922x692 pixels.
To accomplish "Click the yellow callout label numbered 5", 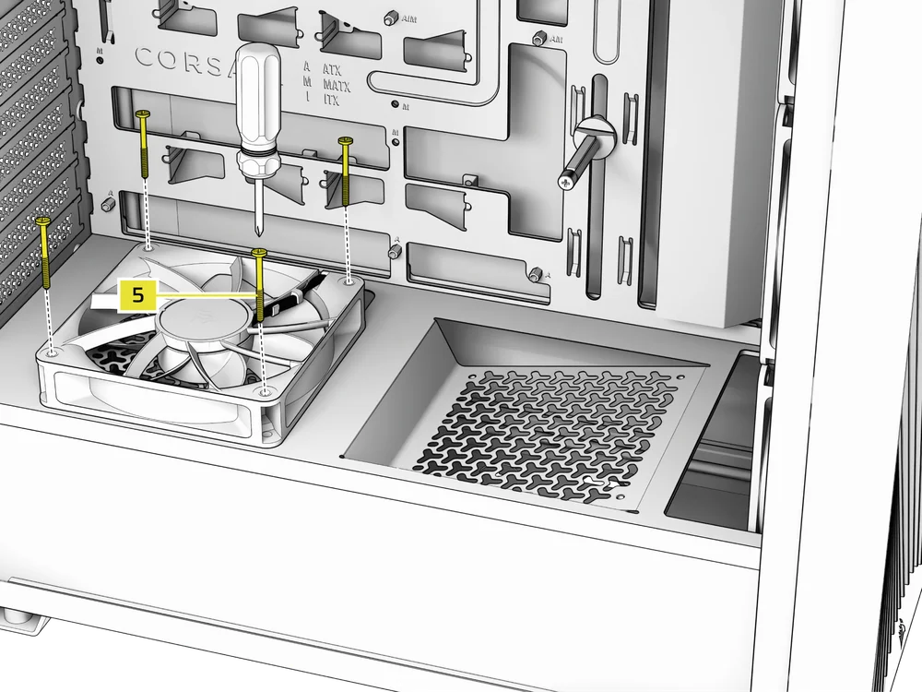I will click(x=137, y=296).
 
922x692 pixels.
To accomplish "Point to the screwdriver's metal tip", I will click(x=257, y=233).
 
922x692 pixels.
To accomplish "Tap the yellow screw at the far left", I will click(x=45, y=254).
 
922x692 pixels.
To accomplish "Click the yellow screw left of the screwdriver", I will click(x=144, y=144).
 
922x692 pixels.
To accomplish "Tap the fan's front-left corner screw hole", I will click(x=53, y=352).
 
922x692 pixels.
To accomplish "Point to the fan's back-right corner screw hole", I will click(x=349, y=279).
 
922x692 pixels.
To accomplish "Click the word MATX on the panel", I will click(x=336, y=85).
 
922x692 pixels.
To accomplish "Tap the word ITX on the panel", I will click(x=333, y=100).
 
